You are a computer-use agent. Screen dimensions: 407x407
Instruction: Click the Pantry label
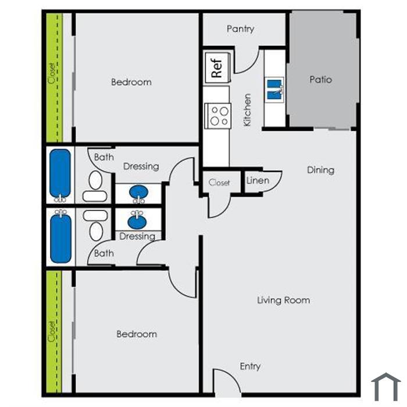click(x=240, y=29)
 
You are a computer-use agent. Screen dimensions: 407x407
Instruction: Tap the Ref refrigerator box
click(x=217, y=67)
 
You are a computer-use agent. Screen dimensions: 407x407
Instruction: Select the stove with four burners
click(x=218, y=116)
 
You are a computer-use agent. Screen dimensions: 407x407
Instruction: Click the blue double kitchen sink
click(x=274, y=90)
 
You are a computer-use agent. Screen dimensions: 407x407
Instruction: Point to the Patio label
click(x=320, y=80)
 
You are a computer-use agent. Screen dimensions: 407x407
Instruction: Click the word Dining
click(x=320, y=170)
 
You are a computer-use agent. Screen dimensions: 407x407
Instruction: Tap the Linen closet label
click(x=258, y=180)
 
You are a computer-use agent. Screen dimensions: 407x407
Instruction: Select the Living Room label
click(x=284, y=301)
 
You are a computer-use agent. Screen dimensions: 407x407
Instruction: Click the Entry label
click(x=250, y=366)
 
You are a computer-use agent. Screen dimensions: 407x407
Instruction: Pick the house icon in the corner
click(x=386, y=387)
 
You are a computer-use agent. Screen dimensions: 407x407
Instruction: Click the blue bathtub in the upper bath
click(x=60, y=173)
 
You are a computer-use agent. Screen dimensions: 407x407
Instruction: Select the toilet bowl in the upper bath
click(x=95, y=180)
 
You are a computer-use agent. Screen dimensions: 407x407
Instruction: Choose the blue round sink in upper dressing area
click(x=138, y=192)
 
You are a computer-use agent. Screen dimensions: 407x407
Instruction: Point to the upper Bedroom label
click(x=131, y=83)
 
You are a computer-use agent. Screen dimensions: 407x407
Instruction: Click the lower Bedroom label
click(x=137, y=334)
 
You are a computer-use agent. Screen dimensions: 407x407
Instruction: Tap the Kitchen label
click(x=247, y=110)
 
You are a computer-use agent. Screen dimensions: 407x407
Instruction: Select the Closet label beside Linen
click(x=219, y=183)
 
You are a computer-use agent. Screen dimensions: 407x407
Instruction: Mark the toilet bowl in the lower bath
click(x=96, y=231)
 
